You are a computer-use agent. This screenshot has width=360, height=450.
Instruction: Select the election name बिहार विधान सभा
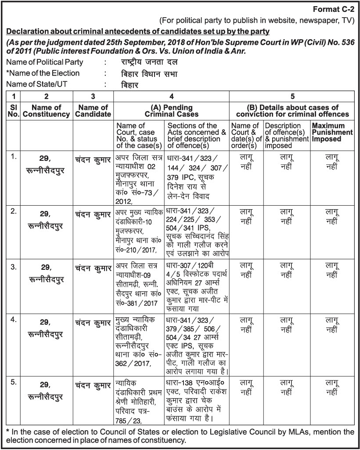[x=149, y=73]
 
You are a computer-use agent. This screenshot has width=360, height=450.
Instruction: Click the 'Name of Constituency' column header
[x=46, y=111]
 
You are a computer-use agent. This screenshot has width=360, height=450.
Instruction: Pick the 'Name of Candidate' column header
[x=93, y=111]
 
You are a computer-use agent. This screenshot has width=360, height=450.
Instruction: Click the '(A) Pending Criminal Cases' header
[x=172, y=111]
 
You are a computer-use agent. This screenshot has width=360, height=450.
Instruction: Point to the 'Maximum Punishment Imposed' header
[x=332, y=132]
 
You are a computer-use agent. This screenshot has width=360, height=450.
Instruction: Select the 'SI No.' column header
[x=14, y=111]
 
